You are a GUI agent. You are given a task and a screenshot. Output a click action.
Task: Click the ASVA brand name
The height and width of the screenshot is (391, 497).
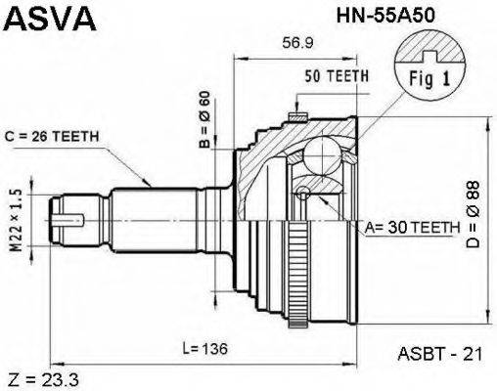click(49, 19)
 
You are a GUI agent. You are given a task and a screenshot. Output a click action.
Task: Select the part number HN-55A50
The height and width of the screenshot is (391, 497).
click(385, 16)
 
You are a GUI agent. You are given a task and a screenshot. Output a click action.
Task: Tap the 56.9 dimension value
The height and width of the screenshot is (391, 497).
click(297, 43)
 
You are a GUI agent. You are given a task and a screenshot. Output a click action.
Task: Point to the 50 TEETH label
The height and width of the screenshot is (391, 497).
click(337, 76)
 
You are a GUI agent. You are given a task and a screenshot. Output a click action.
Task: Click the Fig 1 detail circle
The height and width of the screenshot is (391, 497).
click(429, 65)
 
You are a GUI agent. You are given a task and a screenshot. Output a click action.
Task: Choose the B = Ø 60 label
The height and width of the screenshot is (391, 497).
click(205, 119)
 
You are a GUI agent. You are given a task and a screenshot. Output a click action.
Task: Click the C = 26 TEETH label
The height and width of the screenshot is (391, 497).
click(52, 137)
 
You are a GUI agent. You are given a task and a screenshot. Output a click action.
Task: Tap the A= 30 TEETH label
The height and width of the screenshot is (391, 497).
click(412, 228)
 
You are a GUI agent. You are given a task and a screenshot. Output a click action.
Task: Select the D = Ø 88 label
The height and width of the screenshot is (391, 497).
click(473, 214)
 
